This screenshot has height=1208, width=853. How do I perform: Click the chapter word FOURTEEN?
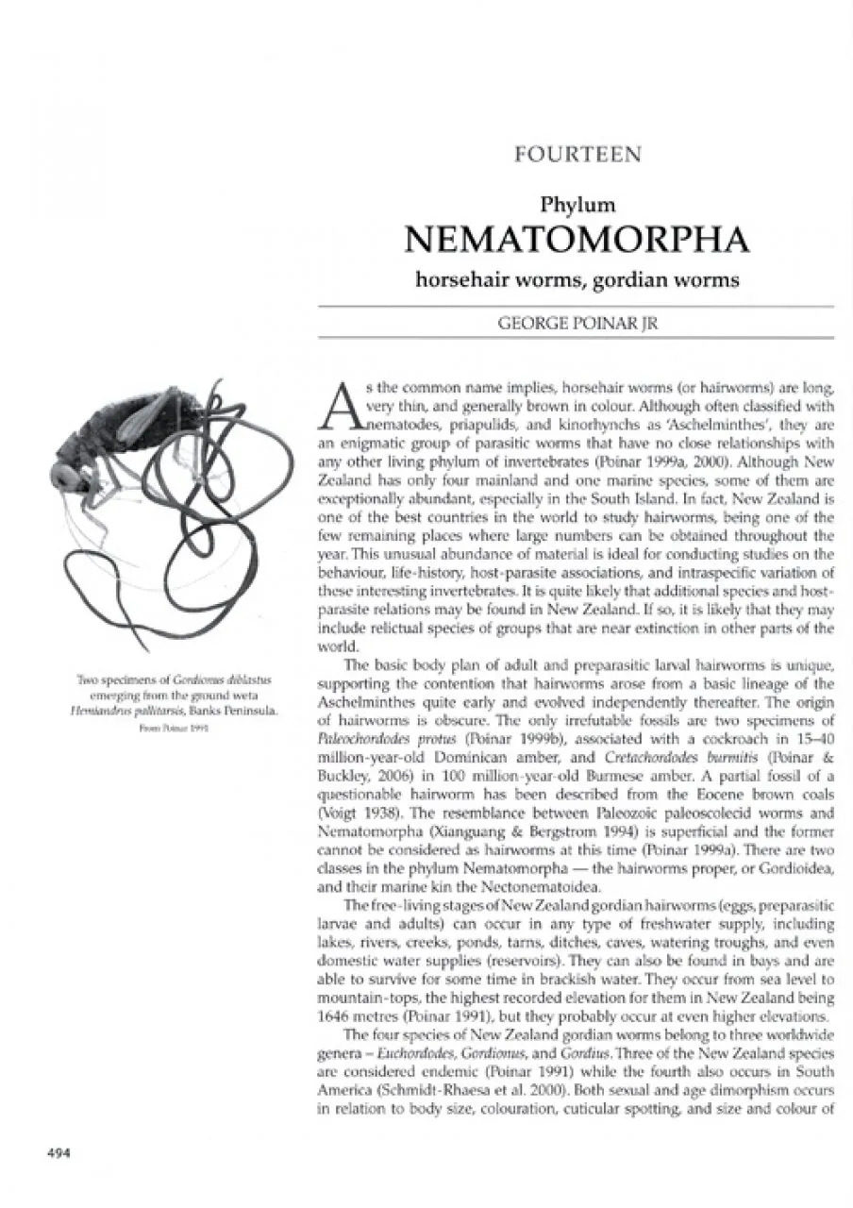click(x=578, y=155)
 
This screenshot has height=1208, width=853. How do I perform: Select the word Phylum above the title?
click(x=577, y=203)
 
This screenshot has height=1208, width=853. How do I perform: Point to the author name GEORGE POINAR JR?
click(x=577, y=322)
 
